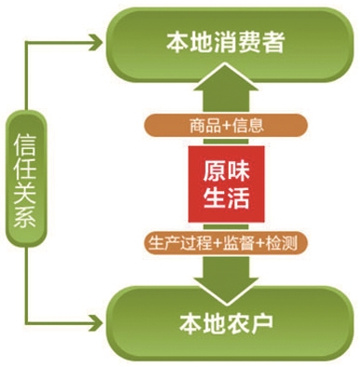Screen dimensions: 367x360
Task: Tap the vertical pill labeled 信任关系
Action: [26, 181]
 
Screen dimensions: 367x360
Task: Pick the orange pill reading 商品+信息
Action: [223, 124]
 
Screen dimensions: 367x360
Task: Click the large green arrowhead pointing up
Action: [223, 94]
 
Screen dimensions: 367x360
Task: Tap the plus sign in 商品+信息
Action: [222, 124]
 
